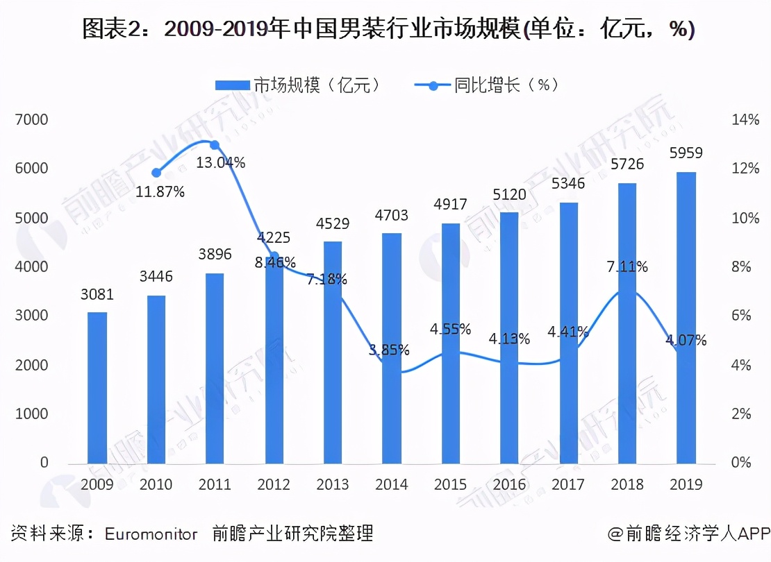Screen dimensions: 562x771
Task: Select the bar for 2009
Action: pos(97,389)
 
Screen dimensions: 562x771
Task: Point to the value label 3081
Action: pos(97,295)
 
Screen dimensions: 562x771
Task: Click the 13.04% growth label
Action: pos(220,163)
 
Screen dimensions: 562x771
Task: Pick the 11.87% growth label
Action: pos(160,192)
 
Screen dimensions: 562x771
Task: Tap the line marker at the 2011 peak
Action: pos(215,145)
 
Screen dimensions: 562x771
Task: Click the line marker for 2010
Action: pos(156,173)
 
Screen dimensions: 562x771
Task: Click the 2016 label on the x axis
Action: pos(510,484)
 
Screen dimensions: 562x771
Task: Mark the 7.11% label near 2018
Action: pos(627,266)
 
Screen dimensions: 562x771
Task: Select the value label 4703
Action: pos(391,216)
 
